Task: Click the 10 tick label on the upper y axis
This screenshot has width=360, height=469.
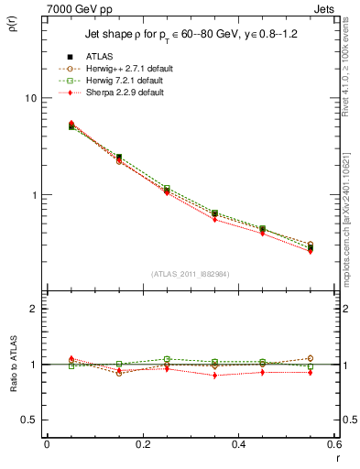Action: click(30, 98)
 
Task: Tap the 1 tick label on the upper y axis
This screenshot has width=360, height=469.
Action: click(34, 196)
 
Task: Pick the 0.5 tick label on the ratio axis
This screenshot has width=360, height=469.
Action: click(30, 420)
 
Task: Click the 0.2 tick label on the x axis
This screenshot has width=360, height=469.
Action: click(142, 444)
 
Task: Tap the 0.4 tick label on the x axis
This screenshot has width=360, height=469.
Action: click(238, 444)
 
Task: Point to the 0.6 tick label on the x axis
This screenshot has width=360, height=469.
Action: click(333, 444)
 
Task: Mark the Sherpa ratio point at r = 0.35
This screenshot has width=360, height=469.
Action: click(214, 376)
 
